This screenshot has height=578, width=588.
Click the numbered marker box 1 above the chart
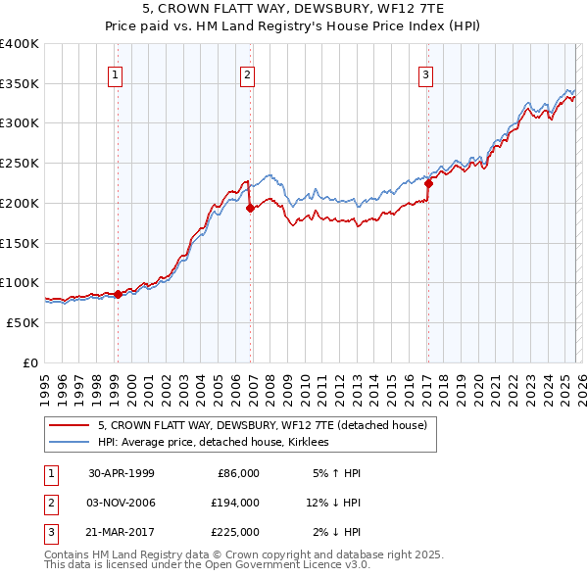pyautogui.click(x=117, y=73)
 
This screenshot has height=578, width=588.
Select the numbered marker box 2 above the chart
pyautogui.click(x=248, y=73)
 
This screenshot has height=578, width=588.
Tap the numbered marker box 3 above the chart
pyautogui.click(x=427, y=73)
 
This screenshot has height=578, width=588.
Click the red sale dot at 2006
pyautogui.click(x=250, y=208)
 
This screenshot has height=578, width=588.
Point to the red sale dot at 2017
pyautogui.click(x=428, y=183)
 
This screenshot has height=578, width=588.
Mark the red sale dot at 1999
pyautogui.click(x=118, y=294)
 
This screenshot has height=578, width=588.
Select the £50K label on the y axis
pyautogui.click(x=23, y=322)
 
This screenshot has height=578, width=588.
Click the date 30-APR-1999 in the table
pyautogui.click(x=122, y=473)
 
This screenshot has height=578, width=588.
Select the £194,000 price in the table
pyautogui.click(x=235, y=503)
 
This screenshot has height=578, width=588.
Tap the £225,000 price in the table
pyautogui.click(x=235, y=532)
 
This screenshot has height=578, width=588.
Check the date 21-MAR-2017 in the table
pyautogui.click(x=122, y=532)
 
